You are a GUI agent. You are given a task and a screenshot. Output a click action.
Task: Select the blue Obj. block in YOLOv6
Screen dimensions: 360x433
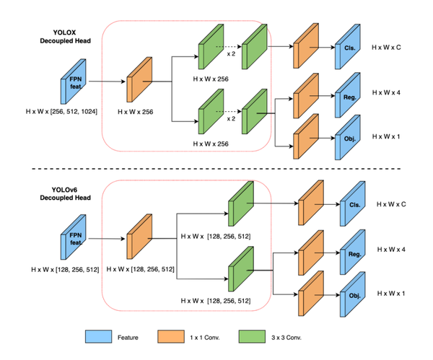coord(354,294)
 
